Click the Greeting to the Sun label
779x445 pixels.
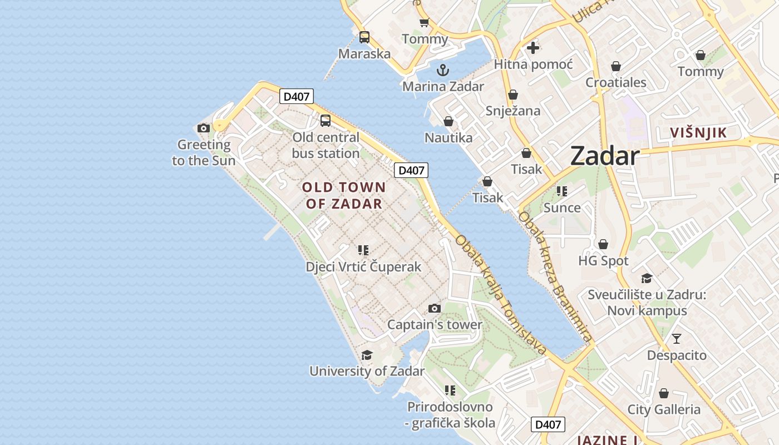click(204, 153)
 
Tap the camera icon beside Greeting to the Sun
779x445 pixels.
click(204, 128)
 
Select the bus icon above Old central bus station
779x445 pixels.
click(325, 120)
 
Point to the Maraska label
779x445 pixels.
click(364, 54)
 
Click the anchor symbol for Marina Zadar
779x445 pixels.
click(443, 70)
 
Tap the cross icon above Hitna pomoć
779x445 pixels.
click(533, 48)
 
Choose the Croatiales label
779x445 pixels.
click(616, 82)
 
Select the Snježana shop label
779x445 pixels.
click(513, 111)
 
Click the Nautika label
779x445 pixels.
click(448, 137)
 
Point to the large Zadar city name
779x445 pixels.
click(605, 156)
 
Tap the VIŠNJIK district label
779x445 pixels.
click(698, 132)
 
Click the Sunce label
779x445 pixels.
click(562, 207)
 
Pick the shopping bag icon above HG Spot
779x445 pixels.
click(603, 244)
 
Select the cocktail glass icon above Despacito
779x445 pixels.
click(677, 338)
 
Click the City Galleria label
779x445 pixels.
click(664, 409)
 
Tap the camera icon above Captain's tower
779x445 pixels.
click(435, 308)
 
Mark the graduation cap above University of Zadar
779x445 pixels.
click(367, 355)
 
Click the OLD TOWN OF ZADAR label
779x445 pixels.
click(344, 195)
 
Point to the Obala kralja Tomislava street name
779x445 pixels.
click(501, 295)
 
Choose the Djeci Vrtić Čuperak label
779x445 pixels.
click(363, 267)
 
